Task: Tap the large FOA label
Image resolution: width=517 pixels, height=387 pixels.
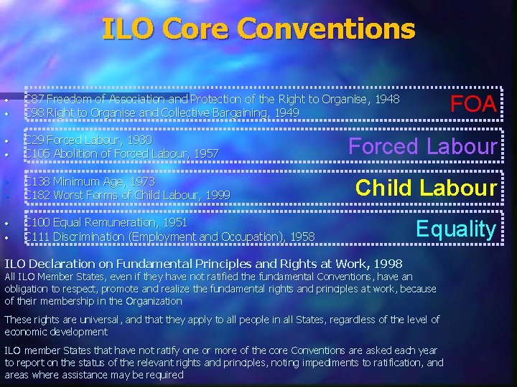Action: pos(473,104)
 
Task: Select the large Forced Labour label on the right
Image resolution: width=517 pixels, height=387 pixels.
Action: pos(423,146)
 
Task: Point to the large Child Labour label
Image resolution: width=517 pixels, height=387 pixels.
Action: pos(427,188)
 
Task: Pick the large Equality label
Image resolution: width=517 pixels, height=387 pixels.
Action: pos(456,229)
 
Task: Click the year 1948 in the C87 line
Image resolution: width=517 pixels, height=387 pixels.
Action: pos(386,99)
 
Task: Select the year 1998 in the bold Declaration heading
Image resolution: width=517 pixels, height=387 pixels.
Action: pos(388,264)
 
